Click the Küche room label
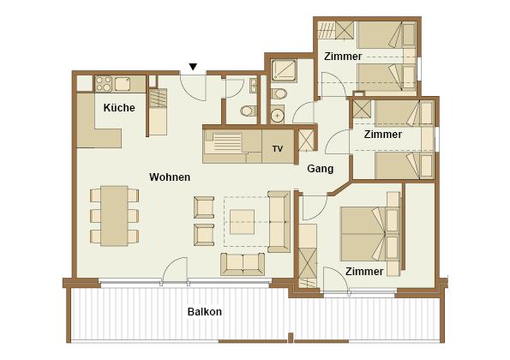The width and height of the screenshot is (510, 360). [119, 108]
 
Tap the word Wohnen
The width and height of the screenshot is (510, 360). [170, 177]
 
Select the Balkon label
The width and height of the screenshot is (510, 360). [205, 312]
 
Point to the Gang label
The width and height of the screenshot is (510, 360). [321, 169]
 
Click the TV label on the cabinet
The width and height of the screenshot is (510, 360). [278, 149]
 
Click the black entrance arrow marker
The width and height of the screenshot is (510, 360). [193, 67]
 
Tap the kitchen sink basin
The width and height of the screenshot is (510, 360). [123, 84]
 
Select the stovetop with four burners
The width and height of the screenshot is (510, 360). [104, 84]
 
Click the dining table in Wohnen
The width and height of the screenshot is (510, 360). [114, 216]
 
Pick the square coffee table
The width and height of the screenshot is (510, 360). [243, 222]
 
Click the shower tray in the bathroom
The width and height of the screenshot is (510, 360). [284, 71]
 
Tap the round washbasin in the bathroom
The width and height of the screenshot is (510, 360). [278, 115]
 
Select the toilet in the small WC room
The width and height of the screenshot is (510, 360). [249, 111]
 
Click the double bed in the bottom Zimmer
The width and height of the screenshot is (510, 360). [363, 234]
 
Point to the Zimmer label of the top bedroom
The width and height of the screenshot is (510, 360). [343, 57]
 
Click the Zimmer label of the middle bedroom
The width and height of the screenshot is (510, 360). [383, 135]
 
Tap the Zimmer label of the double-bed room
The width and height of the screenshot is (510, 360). [364, 272]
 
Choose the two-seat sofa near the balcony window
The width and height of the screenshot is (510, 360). [243, 264]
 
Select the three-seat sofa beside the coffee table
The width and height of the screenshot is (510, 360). [279, 222]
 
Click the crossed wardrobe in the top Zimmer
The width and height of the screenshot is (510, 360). [345, 30]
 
